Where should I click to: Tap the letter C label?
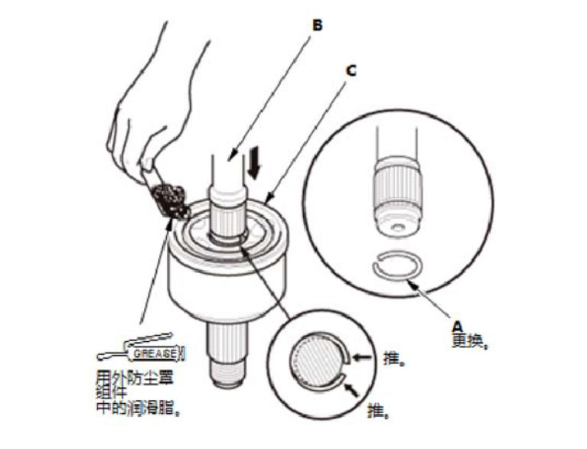pyautogui.click(x=351, y=70)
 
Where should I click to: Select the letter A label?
pyautogui.click(x=459, y=325)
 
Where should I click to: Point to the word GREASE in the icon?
pyautogui.click(x=155, y=353)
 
